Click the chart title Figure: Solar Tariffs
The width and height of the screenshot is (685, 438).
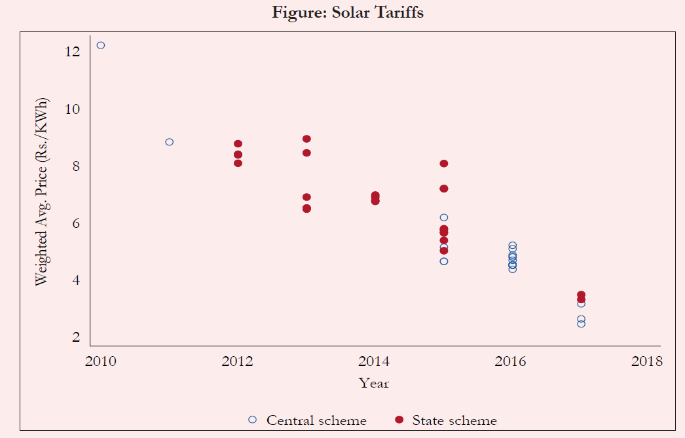[x=348, y=12]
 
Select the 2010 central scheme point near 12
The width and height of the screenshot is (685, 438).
[x=101, y=45]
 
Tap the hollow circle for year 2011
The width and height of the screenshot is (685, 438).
[x=169, y=142]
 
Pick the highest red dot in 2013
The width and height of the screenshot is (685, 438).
[x=306, y=139]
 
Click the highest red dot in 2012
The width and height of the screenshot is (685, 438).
[x=238, y=144]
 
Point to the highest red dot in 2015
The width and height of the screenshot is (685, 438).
[x=444, y=164]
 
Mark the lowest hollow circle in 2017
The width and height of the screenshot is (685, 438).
[x=581, y=324]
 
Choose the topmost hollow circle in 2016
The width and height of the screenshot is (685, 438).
[x=512, y=246]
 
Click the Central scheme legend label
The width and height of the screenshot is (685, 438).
[x=316, y=420]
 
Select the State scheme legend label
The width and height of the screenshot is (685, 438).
[x=454, y=420]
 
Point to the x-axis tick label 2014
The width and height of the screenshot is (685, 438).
[x=375, y=361]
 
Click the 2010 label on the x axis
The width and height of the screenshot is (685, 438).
[x=100, y=361]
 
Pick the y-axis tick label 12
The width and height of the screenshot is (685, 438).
[x=73, y=51]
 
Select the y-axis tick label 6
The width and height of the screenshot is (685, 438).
[x=76, y=223]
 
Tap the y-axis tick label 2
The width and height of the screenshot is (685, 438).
[x=76, y=337]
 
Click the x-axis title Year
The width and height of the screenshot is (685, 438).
[x=374, y=383]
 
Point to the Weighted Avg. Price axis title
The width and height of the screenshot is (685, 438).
[x=41, y=191]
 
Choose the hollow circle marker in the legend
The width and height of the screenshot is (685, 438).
[x=253, y=420]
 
